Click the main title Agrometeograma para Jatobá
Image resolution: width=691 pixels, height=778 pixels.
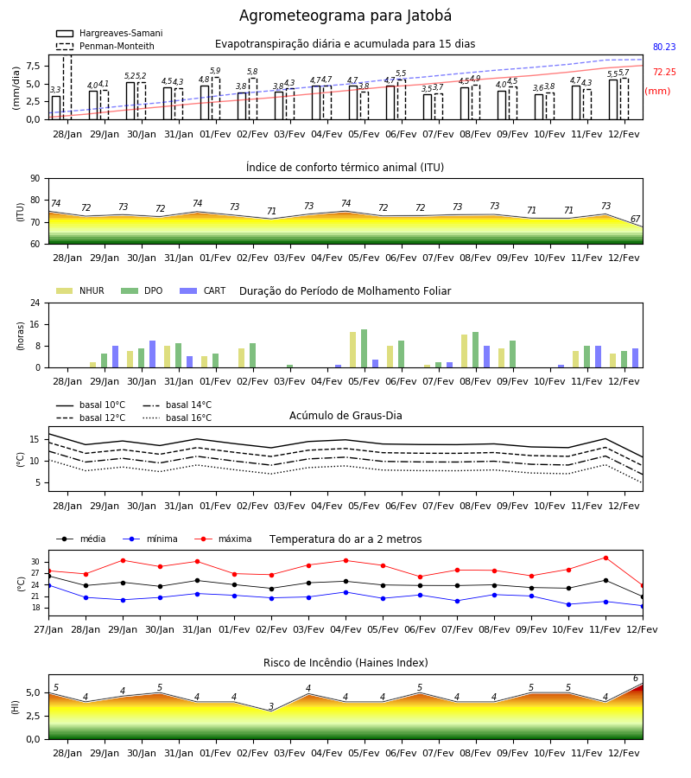(345, 16)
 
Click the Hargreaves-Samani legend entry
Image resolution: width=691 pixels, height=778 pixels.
(109, 33)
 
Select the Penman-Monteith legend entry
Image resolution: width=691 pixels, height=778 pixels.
(105, 46)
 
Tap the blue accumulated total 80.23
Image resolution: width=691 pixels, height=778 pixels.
(664, 48)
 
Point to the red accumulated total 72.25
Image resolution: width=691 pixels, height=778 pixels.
(664, 72)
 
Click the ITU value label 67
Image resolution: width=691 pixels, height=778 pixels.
(635, 219)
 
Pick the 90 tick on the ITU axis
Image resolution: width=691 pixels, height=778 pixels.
(35, 179)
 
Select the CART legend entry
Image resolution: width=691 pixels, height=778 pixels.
(202, 290)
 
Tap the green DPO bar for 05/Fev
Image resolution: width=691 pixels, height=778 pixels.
(364, 348)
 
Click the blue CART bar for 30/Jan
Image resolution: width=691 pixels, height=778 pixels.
(152, 354)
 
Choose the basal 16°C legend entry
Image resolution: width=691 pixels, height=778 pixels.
(177, 418)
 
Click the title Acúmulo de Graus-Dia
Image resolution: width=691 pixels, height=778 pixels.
(345, 416)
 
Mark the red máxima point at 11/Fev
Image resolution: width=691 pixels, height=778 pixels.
(605, 558)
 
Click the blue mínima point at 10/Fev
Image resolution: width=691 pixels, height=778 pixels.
(568, 604)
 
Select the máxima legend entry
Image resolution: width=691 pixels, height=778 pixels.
(223, 539)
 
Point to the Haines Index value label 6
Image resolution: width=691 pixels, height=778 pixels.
(636, 679)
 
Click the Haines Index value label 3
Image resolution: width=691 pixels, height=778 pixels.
(271, 706)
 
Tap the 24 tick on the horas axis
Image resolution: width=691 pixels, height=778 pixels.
(35, 303)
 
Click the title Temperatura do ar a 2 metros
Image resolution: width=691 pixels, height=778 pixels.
(345, 539)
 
